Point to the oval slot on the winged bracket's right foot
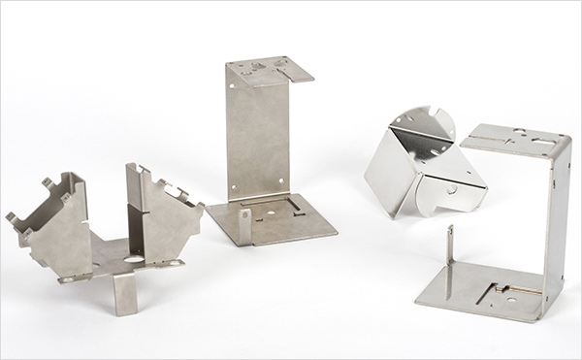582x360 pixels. (x=176, y=261)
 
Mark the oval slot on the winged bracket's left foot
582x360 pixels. (x=72, y=278)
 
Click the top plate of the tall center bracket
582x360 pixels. (x=267, y=70)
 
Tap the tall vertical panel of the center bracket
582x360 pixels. (x=257, y=141)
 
